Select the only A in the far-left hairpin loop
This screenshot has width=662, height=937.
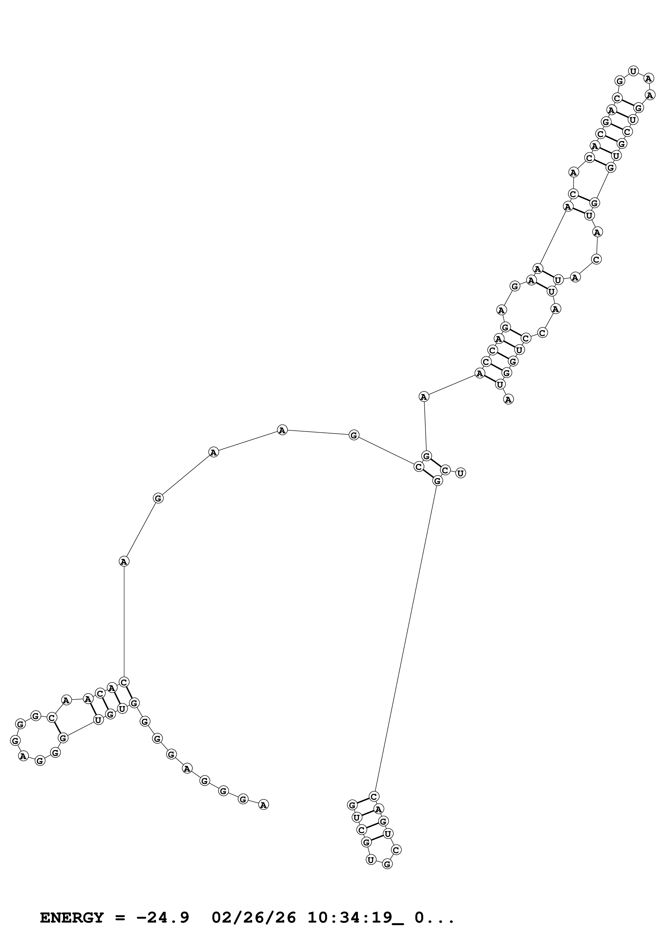(x=23, y=756)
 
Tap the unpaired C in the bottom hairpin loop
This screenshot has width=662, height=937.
(x=396, y=850)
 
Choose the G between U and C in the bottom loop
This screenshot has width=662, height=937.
(x=387, y=864)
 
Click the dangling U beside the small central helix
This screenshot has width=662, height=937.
(x=460, y=473)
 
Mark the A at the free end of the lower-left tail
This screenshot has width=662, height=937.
(x=264, y=805)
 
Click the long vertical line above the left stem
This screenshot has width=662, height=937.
(x=124, y=620)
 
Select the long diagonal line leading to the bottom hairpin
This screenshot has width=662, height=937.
(x=406, y=637)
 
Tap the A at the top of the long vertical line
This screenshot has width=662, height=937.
(x=124, y=561)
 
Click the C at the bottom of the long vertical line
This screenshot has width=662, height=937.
(x=124, y=682)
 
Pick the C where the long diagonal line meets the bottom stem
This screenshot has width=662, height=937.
(x=374, y=796)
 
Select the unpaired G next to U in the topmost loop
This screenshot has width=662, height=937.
(x=620, y=81)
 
